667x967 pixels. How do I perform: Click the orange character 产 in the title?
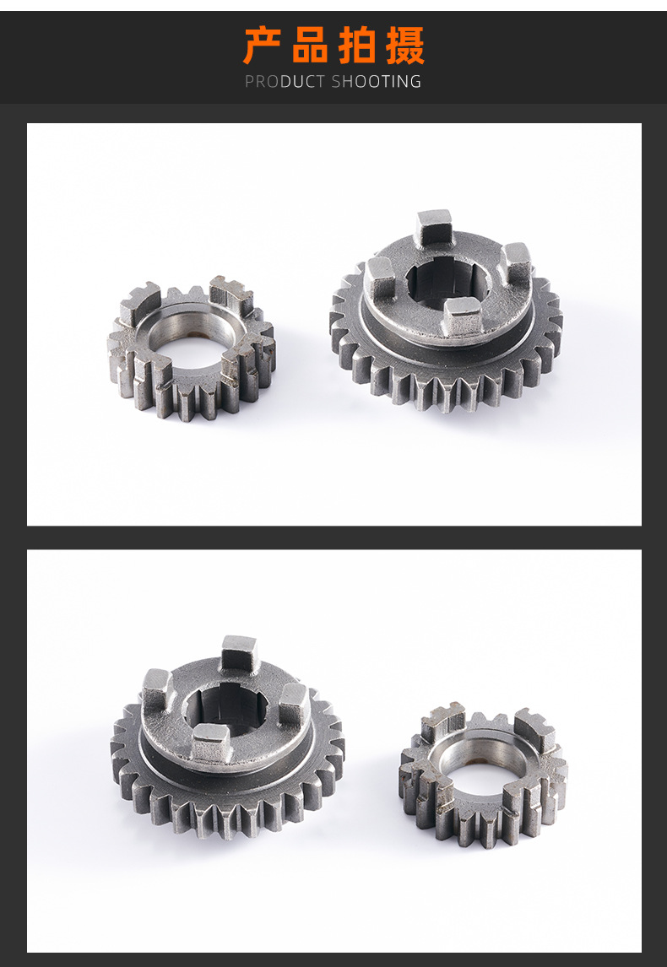coord(261,46)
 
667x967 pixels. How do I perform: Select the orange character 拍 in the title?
coord(357,46)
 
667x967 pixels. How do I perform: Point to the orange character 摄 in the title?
coord(405,46)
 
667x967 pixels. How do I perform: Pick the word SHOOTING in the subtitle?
coord(377,81)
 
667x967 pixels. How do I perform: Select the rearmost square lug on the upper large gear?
coord(434,227)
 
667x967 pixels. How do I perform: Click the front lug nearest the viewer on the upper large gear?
coord(462,316)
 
